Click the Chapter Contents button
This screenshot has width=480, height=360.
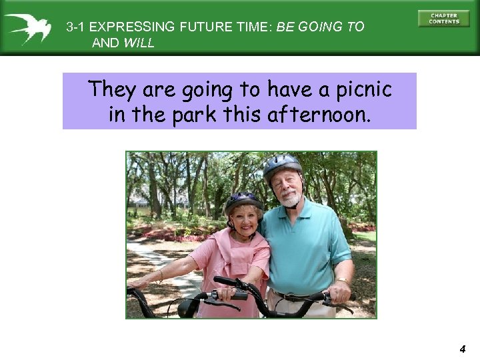(444, 19)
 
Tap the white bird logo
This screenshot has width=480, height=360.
(28, 27)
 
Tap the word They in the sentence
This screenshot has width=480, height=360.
(112, 89)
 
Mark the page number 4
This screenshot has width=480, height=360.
(462, 349)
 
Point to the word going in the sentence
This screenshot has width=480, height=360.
(213, 89)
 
